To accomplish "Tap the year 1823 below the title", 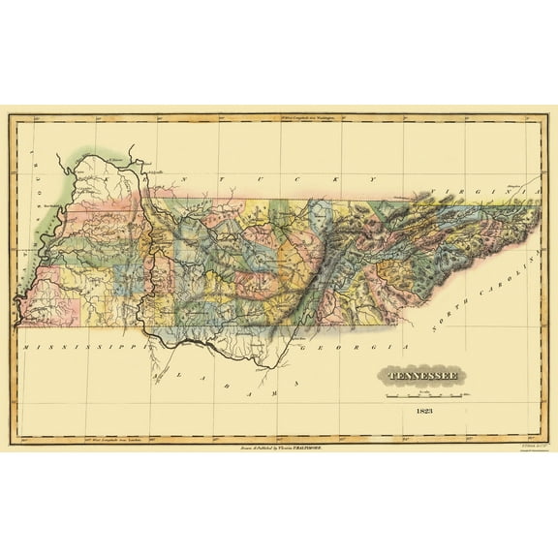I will tap(423, 411).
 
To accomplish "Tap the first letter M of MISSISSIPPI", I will tap(21, 344).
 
